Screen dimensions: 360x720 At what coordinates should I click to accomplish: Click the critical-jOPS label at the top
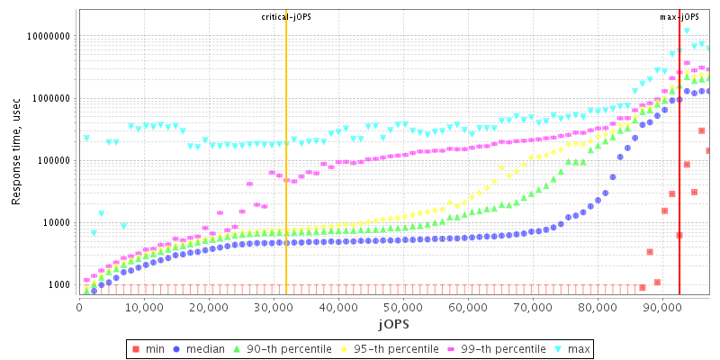[286, 17]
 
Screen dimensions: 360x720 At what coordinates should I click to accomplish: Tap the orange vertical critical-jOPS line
[286, 180]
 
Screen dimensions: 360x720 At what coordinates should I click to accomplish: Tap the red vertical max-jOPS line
[679, 180]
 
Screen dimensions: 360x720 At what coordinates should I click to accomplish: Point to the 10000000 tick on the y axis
[49, 37]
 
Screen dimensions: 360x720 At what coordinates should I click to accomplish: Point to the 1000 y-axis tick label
[60, 285]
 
